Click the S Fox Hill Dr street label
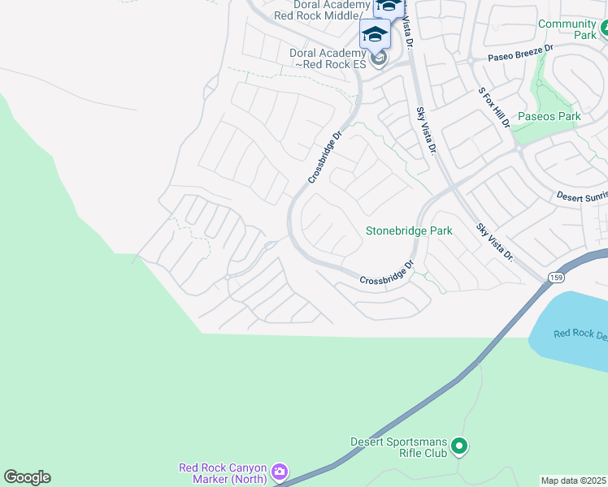(493, 108)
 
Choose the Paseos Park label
(549, 117)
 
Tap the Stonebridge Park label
(408, 231)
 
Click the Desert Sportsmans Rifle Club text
(398, 447)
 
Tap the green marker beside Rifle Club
(459, 446)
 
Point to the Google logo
(27, 477)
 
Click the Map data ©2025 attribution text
(574, 481)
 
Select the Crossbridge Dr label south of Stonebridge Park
(387, 274)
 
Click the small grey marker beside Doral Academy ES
(377, 58)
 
